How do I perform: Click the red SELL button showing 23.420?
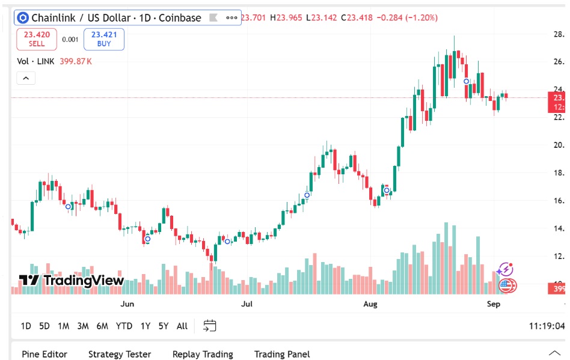tap(37, 39)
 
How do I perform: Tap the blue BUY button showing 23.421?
tap(104, 39)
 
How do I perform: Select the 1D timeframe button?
tap(26, 326)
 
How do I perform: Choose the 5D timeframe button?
tap(44, 326)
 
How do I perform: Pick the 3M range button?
tap(83, 326)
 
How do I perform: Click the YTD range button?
tap(124, 326)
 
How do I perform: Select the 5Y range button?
tap(164, 326)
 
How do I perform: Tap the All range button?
tap(182, 326)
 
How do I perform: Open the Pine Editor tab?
tap(44, 354)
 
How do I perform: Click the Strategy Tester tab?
tap(120, 354)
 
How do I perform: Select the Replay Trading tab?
tap(203, 354)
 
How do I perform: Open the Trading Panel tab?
tap(282, 354)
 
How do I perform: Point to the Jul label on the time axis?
tap(247, 304)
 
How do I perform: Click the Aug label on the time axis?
tap(370, 304)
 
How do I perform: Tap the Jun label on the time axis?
tap(127, 304)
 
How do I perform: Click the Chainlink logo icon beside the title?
tap(23, 18)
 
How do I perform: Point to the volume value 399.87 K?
tap(76, 61)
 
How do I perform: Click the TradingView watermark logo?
tap(72, 280)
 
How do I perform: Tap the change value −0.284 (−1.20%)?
tap(407, 17)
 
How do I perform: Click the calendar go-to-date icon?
tap(209, 326)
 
